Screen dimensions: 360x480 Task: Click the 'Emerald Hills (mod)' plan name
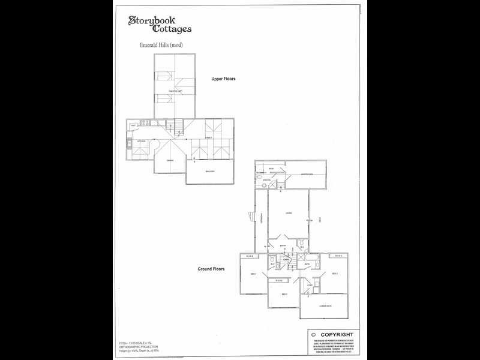160,46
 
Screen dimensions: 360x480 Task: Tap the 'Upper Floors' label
223,79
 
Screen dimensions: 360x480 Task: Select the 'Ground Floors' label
211,269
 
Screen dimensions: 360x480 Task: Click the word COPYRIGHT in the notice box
337,334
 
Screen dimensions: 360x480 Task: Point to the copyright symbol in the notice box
313,334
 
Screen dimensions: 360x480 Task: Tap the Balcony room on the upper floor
210,172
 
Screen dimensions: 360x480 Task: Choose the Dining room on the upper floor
170,160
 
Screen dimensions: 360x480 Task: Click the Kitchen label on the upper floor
142,142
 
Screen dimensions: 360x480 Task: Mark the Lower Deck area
325,305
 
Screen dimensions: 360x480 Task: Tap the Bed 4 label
254,274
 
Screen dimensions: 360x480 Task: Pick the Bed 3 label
284,294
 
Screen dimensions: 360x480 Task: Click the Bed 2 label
334,274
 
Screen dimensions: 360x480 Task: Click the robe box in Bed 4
250,256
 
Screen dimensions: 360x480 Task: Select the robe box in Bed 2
338,256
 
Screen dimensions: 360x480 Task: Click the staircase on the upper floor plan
174,126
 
